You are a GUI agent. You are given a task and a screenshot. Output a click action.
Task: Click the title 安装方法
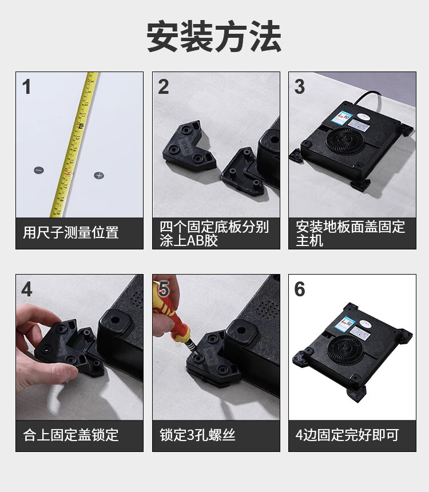(x=214, y=36)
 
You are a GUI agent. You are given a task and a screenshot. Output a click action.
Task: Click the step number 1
(x=27, y=86)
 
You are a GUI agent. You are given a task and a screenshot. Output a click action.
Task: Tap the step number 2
(x=164, y=86)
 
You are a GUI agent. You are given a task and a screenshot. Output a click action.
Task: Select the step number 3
(x=300, y=86)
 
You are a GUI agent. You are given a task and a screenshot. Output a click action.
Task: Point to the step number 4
(x=27, y=289)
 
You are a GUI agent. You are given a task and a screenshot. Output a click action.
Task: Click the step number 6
(x=300, y=289)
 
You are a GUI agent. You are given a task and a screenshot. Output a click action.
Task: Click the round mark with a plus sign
(x=99, y=175)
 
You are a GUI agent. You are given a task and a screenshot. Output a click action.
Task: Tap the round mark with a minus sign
(x=38, y=170)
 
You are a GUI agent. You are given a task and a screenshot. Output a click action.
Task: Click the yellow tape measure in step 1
(x=74, y=144)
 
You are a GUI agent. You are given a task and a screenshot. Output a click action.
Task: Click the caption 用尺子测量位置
(x=70, y=232)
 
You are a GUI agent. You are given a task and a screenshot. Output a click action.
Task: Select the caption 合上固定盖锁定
(x=70, y=435)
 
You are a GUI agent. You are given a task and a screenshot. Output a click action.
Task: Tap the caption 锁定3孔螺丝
(x=198, y=435)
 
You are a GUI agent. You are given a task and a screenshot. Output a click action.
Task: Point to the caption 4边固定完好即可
(x=347, y=435)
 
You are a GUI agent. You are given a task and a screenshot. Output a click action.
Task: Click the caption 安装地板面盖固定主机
(x=350, y=233)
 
